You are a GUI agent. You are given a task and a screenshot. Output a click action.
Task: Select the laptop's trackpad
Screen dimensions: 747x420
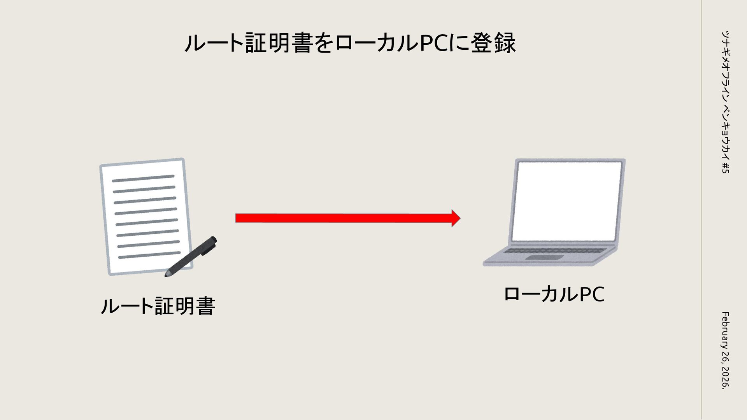pyautogui.click(x=545, y=257)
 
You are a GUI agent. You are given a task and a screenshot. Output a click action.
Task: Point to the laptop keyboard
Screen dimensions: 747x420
pyautogui.click(x=554, y=251)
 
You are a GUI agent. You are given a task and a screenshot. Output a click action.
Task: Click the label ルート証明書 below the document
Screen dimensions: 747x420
pyautogui.click(x=158, y=306)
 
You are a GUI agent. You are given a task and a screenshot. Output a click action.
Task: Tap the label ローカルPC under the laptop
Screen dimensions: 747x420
pyautogui.click(x=554, y=294)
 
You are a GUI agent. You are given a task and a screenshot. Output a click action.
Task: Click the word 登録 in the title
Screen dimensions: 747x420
pyautogui.click(x=498, y=43)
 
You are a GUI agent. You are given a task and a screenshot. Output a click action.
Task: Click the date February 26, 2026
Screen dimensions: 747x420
pyautogui.click(x=725, y=350)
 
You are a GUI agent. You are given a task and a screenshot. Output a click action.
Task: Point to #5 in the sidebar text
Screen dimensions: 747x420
pyautogui.click(x=725, y=168)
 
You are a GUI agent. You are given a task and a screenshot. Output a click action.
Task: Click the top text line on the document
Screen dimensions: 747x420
pyautogui.click(x=143, y=178)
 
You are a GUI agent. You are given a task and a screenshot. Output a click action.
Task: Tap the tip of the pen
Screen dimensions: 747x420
pyautogui.click(x=167, y=275)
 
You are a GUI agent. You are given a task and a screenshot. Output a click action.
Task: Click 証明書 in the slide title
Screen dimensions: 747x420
pyautogui.click(x=279, y=43)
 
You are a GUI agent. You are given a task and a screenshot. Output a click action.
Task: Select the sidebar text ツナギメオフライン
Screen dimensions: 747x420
pyautogui.click(x=725, y=66)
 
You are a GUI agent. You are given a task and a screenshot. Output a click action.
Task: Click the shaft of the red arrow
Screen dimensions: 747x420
pyautogui.click(x=342, y=218)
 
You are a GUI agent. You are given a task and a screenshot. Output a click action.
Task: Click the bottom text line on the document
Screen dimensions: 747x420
pyautogui.click(x=149, y=255)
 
